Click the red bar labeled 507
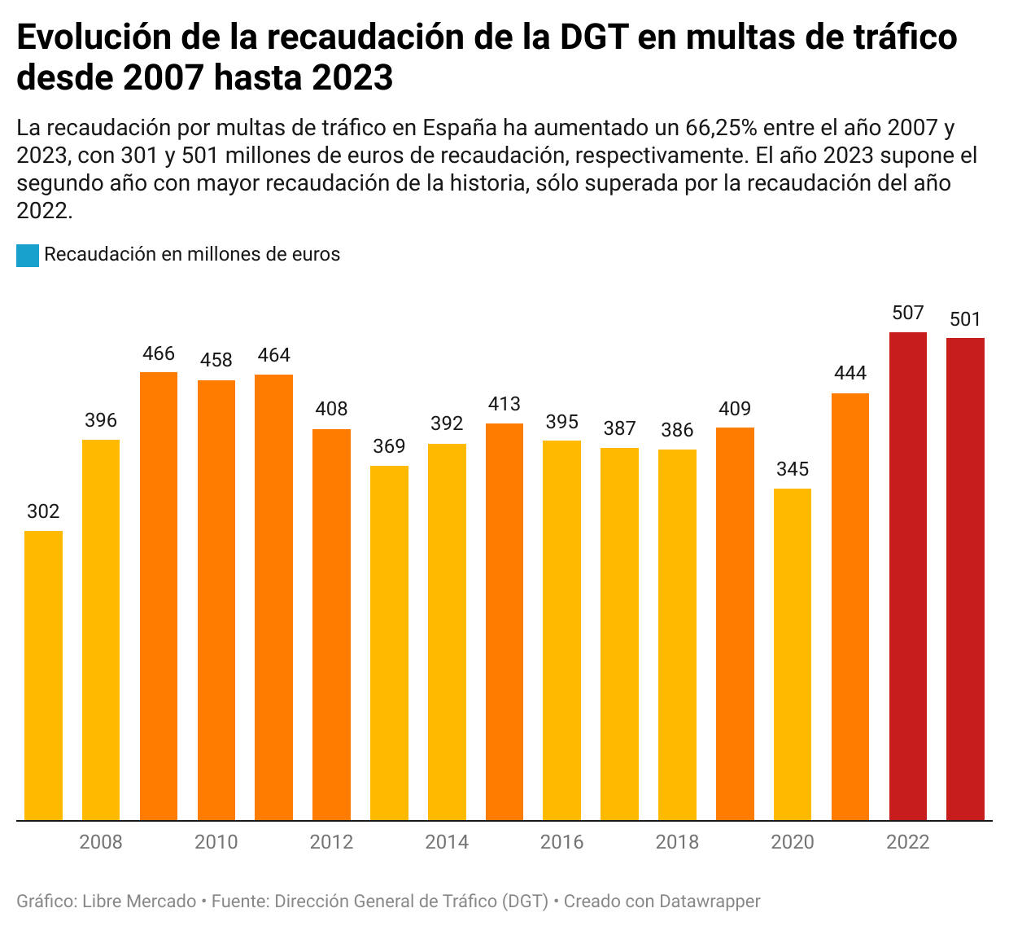907,576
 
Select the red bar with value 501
965,579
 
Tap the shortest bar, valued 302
43,675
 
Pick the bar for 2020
793,654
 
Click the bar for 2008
101,630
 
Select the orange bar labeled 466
159,596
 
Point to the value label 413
504,404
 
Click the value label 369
389,446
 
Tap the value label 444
850,374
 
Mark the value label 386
677,430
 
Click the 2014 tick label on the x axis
447,842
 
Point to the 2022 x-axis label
907,842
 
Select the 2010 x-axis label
216,842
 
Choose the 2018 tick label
677,842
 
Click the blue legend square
28,256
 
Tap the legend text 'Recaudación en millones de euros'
192,254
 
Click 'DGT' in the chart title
590,37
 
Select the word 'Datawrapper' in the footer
710,901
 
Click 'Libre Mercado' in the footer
139,901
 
